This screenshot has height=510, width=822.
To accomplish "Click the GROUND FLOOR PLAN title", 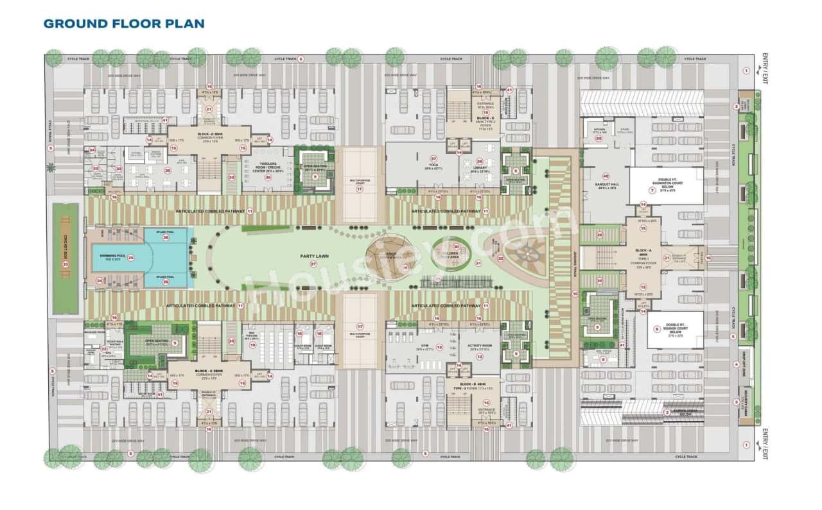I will coord(124,24).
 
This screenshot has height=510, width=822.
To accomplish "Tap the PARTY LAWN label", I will coord(314,256).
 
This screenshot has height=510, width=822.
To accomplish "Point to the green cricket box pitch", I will coord(65,259).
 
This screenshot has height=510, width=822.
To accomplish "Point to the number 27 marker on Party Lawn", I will coord(313,264).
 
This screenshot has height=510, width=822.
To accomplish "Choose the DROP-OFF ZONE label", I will coord(747,359).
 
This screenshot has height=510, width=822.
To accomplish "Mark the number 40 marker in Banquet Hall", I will coord(605,176).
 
